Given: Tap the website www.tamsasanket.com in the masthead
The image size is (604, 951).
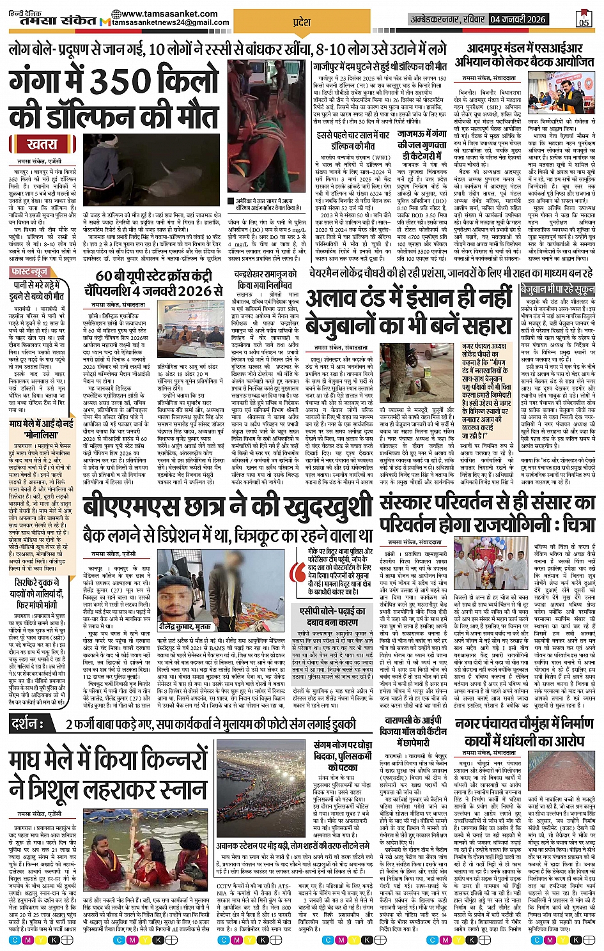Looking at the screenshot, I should click(x=159, y=13).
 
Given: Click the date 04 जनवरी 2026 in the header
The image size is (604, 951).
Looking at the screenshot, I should click(x=518, y=19).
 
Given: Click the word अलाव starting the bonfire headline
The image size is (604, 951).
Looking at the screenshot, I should click(x=336, y=299).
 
